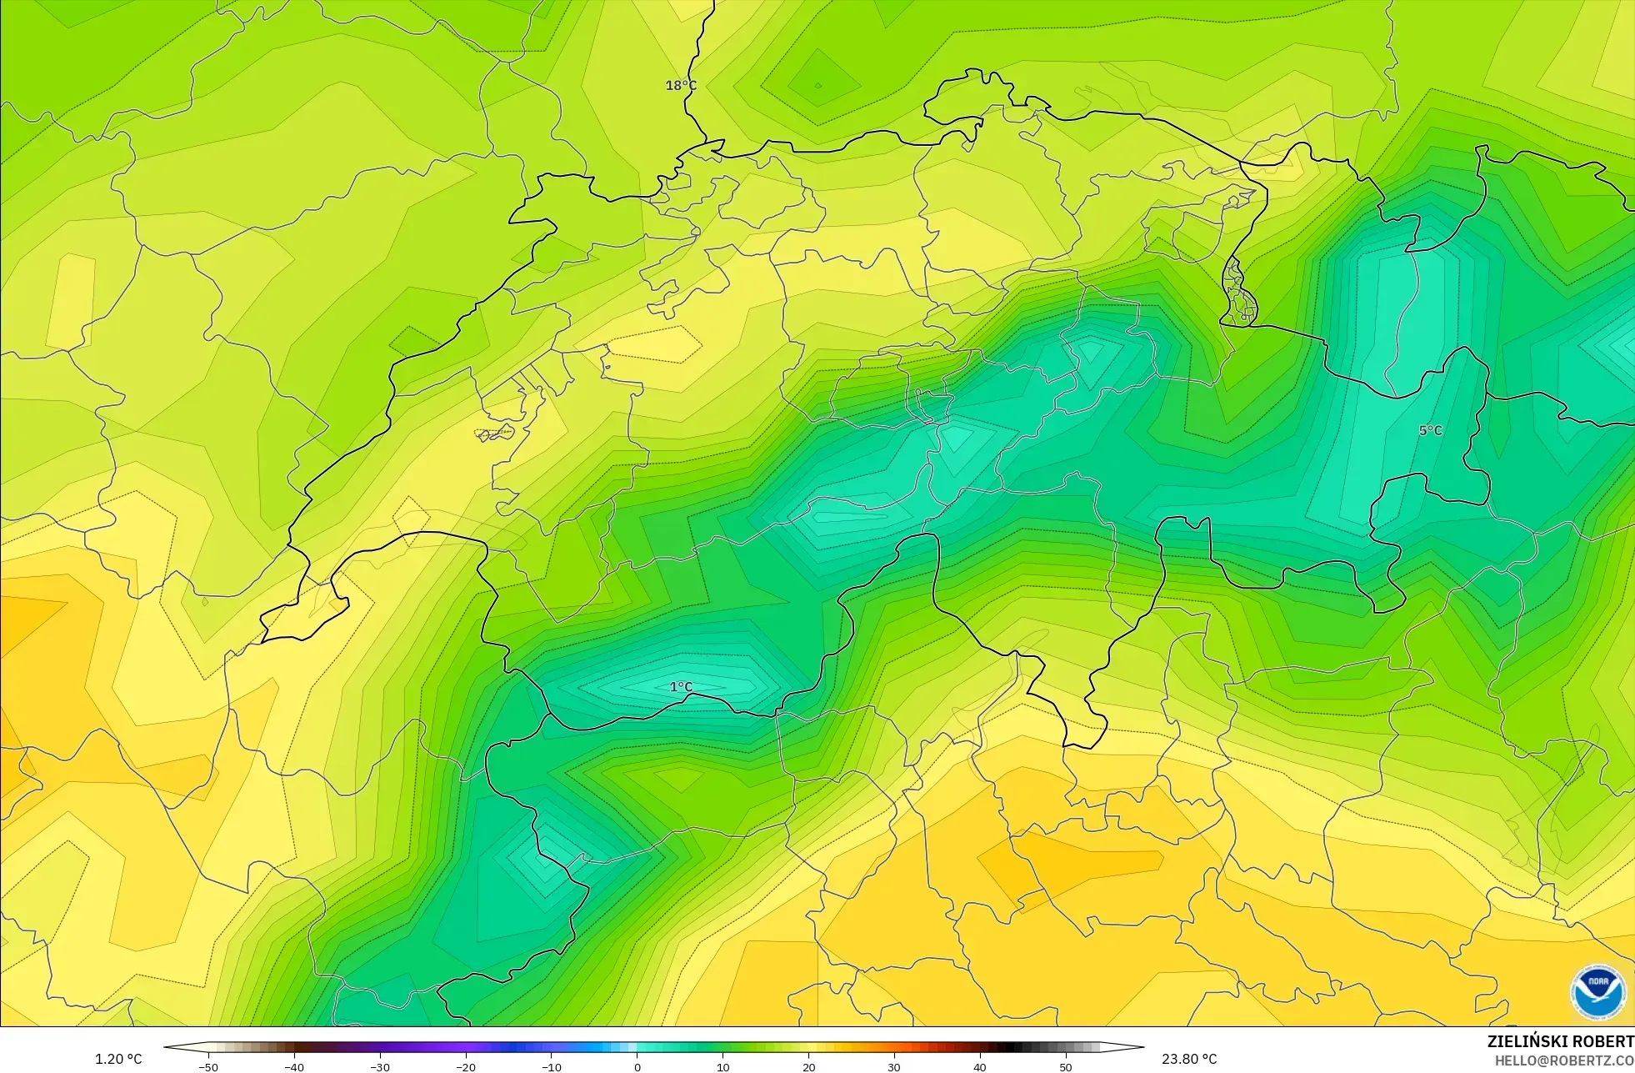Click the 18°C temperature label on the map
681,85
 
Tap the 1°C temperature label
681,687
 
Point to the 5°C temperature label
1430,430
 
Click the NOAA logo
1597,992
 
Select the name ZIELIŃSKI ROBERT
1560,1041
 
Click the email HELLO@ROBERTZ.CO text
1563,1060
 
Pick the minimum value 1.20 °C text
118,1059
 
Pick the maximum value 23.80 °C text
1189,1059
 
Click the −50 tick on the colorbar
208,1066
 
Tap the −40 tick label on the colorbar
294,1066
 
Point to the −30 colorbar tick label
380,1066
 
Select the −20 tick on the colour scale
466,1066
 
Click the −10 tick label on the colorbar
552,1066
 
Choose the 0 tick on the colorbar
637,1066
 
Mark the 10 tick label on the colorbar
722,1066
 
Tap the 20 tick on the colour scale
808,1066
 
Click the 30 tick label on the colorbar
894,1066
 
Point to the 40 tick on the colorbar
980,1066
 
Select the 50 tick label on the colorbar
1066,1066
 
